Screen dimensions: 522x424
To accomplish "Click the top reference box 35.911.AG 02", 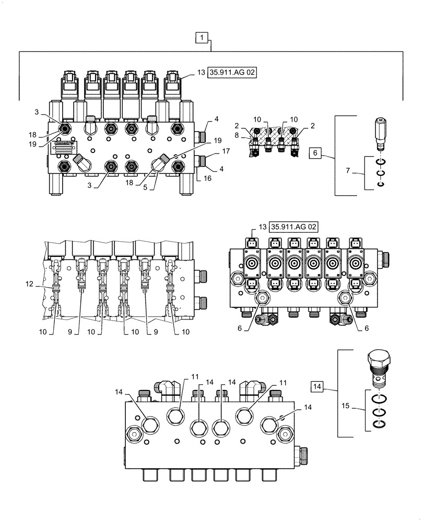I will point(234,73).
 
